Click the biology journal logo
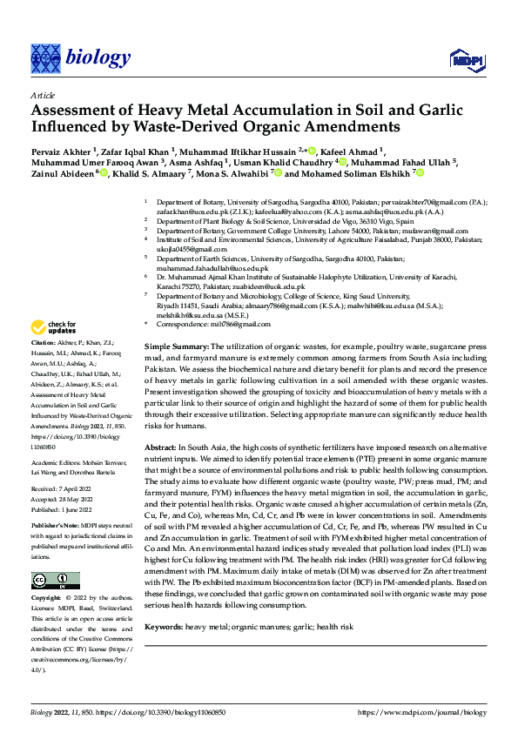pyautogui.click(x=80, y=57)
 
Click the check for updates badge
pyautogui.click(x=53, y=328)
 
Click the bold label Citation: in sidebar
pyautogui.click(x=45, y=345)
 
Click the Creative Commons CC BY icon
pyautogui.click(x=55, y=581)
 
